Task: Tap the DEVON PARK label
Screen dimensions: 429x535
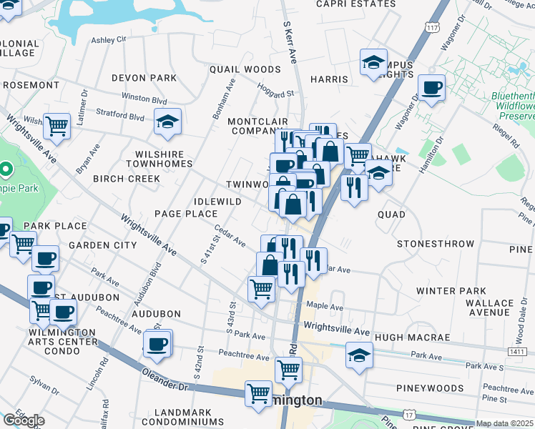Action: pos(144,77)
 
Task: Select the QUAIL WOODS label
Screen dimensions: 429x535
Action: pos(245,69)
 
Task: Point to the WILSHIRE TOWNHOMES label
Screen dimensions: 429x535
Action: pos(164,159)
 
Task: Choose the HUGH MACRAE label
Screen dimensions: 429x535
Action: pos(412,337)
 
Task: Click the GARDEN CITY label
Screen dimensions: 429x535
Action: pos(102,245)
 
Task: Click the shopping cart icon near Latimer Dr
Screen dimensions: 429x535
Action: pos(57,126)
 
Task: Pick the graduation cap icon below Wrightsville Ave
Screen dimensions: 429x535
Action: pos(359,355)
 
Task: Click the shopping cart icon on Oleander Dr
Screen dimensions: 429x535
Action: pos(259,393)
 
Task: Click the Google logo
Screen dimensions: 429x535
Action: pos(24,420)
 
